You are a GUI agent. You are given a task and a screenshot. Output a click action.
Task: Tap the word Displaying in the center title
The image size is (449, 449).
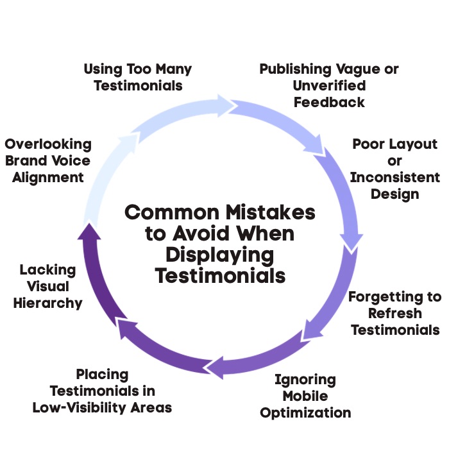(x=220, y=255)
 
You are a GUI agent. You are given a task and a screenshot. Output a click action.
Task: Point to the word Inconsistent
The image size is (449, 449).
(x=394, y=178)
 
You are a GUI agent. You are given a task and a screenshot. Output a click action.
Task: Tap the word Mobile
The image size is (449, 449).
(x=305, y=396)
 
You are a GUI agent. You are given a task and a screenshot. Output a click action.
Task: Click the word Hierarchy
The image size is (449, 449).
(x=47, y=303)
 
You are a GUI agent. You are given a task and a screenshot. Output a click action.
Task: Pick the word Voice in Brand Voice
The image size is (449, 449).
(x=69, y=160)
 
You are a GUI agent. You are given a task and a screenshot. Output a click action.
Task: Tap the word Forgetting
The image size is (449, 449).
(x=394, y=296)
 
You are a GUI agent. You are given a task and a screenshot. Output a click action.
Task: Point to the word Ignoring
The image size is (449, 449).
(x=305, y=379)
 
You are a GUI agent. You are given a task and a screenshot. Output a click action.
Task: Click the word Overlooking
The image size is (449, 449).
(x=47, y=144)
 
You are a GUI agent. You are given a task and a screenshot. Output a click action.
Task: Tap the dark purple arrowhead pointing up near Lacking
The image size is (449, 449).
(x=87, y=232)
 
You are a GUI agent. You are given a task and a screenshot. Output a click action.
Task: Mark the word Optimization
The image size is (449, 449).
(x=305, y=412)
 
